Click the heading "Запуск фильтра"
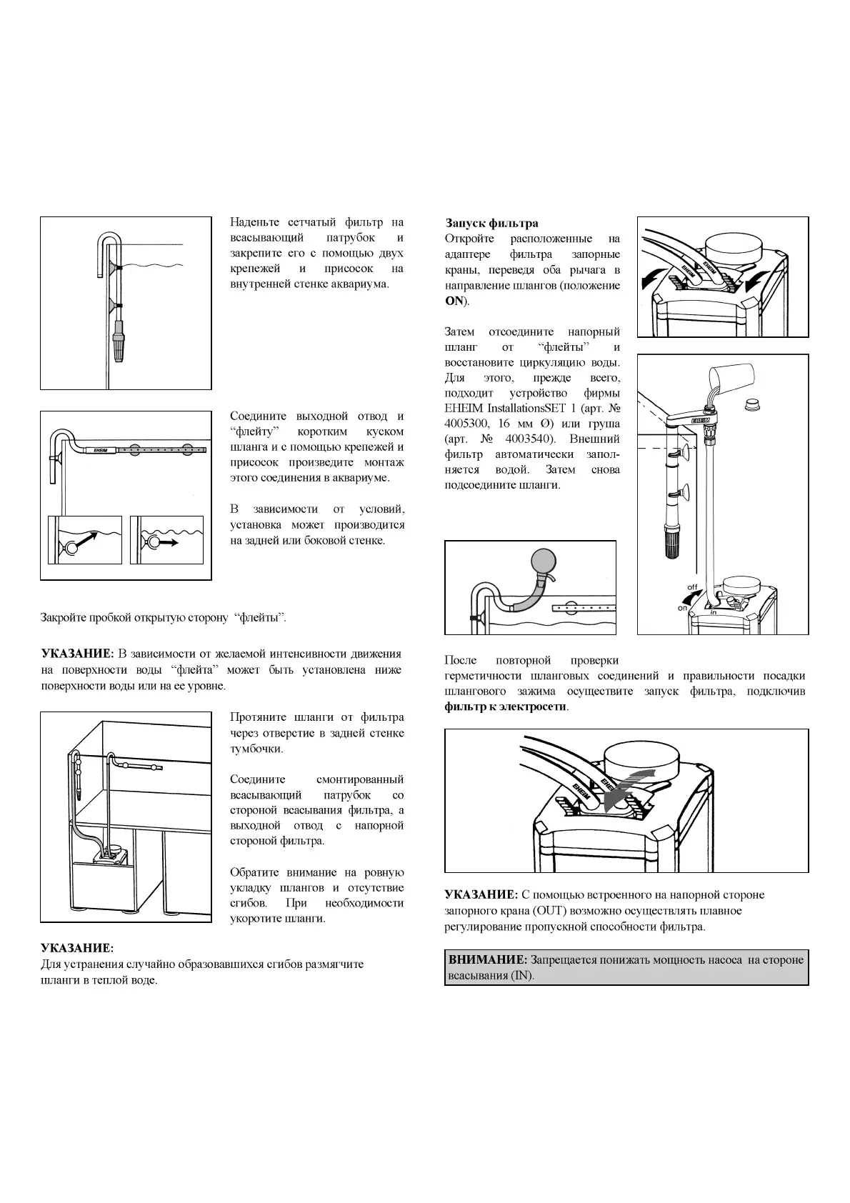(x=492, y=224)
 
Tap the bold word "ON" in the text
(x=455, y=301)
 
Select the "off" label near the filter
(x=691, y=587)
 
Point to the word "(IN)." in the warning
(x=523, y=976)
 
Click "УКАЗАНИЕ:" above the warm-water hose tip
(x=77, y=949)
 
